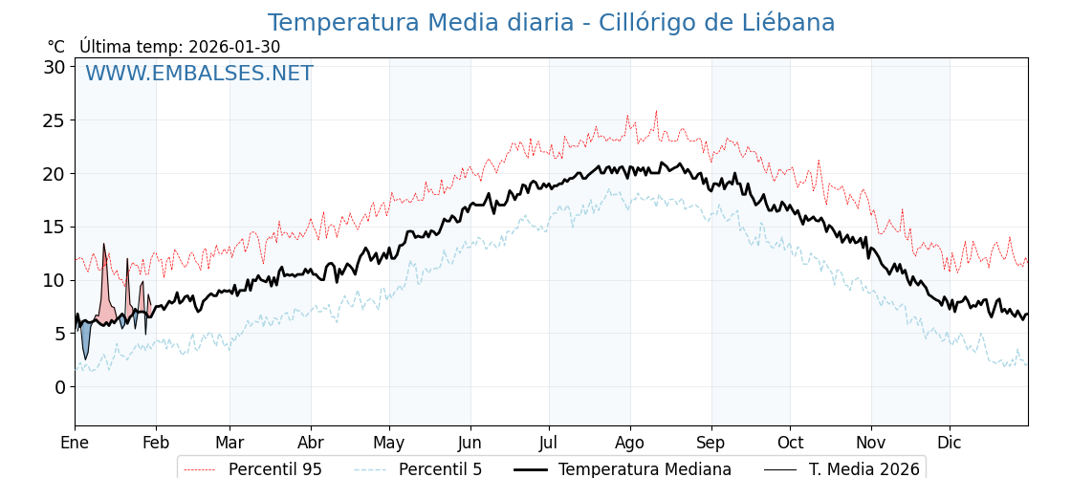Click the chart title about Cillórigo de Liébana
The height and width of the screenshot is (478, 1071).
point(551,23)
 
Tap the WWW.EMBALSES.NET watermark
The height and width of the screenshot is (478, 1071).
point(199,74)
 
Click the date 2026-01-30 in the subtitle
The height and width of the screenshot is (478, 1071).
point(234,47)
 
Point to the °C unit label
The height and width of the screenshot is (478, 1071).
point(55,47)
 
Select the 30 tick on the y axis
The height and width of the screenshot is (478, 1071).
point(54,67)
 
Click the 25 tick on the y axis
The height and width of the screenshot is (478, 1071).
point(54,120)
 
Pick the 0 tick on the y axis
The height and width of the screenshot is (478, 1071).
point(59,386)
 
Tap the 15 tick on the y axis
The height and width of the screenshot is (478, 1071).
point(54,227)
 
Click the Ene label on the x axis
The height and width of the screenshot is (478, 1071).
point(75,443)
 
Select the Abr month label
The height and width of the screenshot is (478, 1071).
point(311,443)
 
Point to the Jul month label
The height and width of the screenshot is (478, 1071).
point(549,443)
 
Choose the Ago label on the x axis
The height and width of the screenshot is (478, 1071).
point(630,443)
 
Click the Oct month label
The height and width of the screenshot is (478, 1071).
point(790,443)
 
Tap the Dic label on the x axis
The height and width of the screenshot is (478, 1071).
point(950,443)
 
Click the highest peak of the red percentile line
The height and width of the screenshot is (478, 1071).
point(656,111)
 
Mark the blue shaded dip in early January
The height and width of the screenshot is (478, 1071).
point(85,338)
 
